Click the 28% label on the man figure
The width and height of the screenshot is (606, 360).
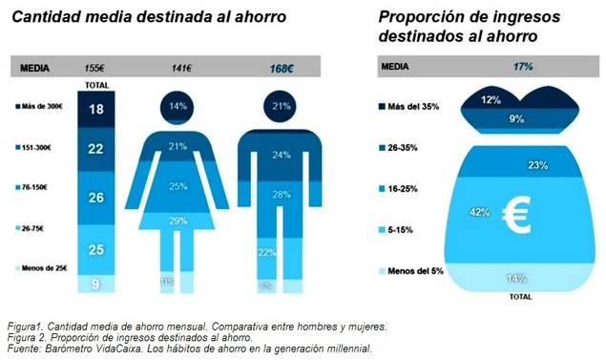click(281, 195)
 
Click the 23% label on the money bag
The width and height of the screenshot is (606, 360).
click(536, 165)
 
